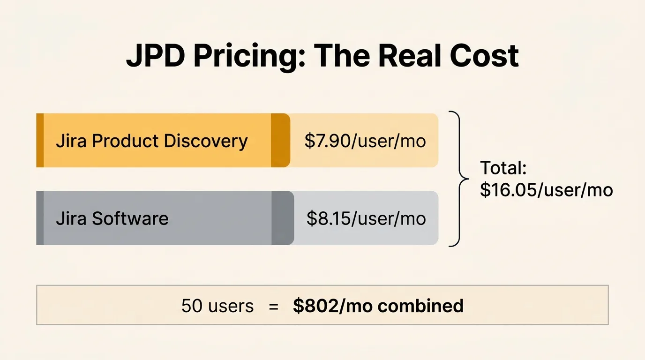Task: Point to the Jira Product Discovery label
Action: point(151,141)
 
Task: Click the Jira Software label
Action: point(112,218)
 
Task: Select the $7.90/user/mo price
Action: point(365,141)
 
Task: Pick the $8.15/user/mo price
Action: point(366,218)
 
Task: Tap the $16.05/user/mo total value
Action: point(547,190)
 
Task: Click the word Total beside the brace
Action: point(503,168)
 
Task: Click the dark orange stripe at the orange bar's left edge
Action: point(40,140)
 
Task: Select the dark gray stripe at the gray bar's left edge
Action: point(40,218)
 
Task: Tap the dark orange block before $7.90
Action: point(280,140)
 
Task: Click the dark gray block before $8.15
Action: point(282,218)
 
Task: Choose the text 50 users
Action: point(217,306)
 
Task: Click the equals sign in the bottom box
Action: point(273,306)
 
